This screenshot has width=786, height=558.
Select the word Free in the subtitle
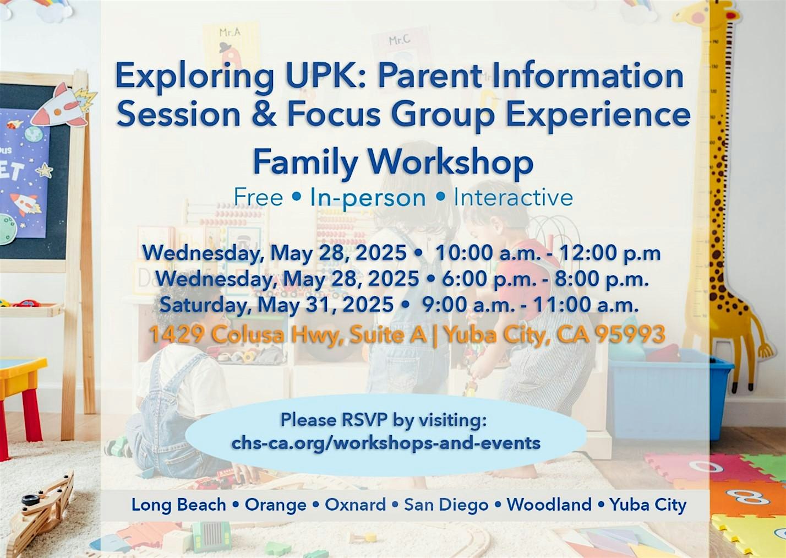pos(258,197)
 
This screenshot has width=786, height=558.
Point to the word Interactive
pos(514,197)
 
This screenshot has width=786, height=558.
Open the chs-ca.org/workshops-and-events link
pos(386,443)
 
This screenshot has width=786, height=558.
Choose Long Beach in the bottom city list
pos(178,505)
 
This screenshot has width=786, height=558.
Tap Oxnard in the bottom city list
pos(356,505)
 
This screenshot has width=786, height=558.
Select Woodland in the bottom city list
pos(549,505)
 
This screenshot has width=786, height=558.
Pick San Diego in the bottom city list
pos(446,505)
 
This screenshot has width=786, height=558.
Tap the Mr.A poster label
pos(230,32)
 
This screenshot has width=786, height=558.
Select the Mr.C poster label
pos(399,40)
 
